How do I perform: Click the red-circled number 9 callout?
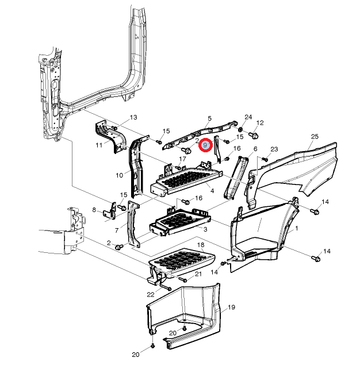coord(205,145)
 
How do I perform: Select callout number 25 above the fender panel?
coord(315,137)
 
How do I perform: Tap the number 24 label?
coord(248,117)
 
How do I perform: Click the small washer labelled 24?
coord(240,130)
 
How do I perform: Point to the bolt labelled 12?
coord(254,135)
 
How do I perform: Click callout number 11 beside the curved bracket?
coord(99,145)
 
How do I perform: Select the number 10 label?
coord(120,175)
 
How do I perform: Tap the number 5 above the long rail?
coord(209,118)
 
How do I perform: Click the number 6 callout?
coord(255,149)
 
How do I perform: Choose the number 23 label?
coord(274,149)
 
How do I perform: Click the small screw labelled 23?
coord(265,159)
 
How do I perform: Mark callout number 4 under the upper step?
coord(212,191)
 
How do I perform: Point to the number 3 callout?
coord(205,229)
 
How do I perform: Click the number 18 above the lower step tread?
coord(201,245)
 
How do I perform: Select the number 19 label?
coord(231,307)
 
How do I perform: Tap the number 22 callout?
coord(151,294)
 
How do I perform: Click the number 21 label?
coord(198,274)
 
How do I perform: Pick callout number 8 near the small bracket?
coord(94,210)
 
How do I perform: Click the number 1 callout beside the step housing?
coord(297,228)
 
